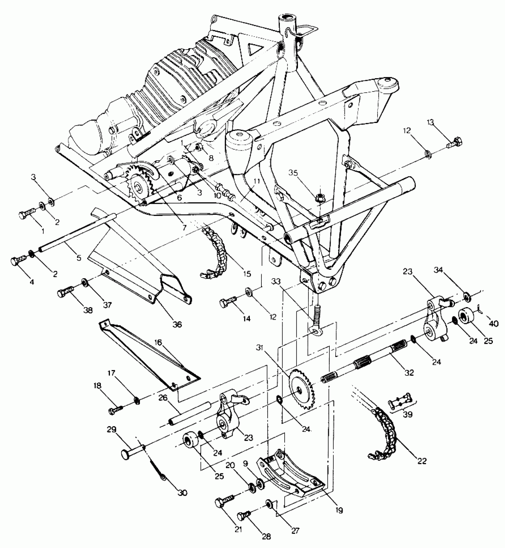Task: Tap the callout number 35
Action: point(293,173)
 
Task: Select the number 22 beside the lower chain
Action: point(422,461)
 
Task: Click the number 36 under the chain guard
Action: point(177,324)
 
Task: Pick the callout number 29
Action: point(112,430)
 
